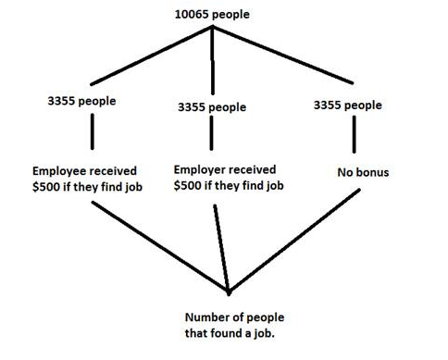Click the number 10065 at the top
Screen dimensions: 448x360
pos(192,14)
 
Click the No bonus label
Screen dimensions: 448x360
pos(363,172)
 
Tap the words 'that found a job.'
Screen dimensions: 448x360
pos(230,333)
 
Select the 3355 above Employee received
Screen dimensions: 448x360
pos(61,101)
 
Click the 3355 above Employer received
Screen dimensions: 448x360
pos(192,107)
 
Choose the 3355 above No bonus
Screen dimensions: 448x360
pos(327,105)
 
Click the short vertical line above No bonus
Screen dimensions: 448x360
pos(354,134)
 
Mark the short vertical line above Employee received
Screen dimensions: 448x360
pos(93,131)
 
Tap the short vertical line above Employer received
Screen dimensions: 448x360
pos(211,133)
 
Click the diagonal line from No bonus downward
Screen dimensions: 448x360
pos(294,241)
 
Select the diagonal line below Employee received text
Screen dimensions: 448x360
pos(160,247)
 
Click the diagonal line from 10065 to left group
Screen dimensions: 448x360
pos(151,56)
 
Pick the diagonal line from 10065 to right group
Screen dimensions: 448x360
pos(282,55)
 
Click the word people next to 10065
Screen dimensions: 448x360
pos(230,15)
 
